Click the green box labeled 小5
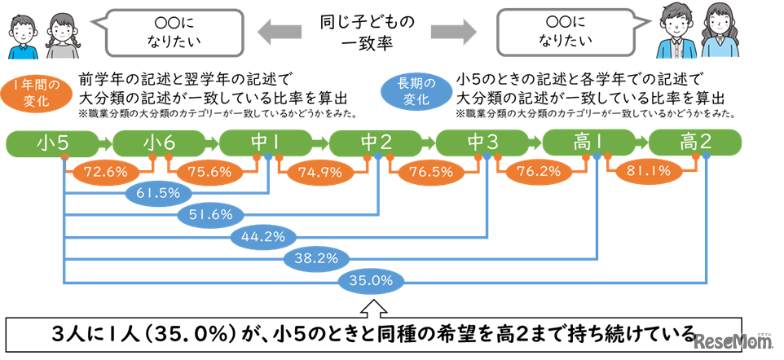(x=53, y=143)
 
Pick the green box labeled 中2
(x=374, y=143)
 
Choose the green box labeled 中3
(x=482, y=143)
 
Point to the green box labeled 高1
(x=588, y=143)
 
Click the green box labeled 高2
(x=695, y=143)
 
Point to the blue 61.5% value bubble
(x=158, y=193)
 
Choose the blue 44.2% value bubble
(x=263, y=237)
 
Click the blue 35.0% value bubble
(x=371, y=282)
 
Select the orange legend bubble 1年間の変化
(x=37, y=94)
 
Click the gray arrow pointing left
(x=279, y=32)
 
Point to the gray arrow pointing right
(x=453, y=32)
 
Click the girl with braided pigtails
(x=60, y=36)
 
